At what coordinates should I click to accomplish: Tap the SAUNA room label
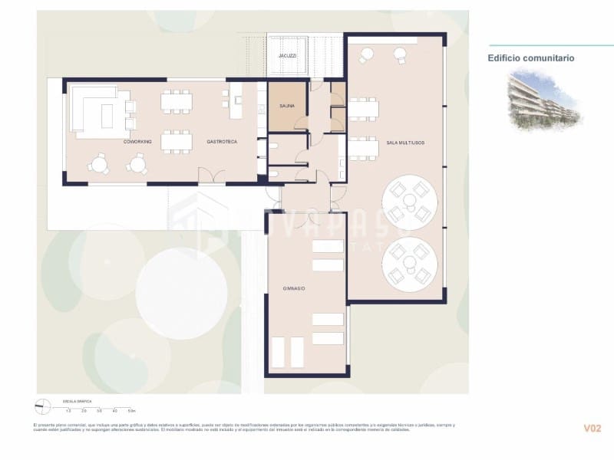[x=287, y=117]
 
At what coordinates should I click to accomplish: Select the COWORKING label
[x=137, y=142]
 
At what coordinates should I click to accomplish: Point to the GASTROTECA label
[x=222, y=142]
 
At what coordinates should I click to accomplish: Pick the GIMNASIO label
[x=294, y=287]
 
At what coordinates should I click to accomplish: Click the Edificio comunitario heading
[x=531, y=58]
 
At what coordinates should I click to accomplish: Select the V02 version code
[x=591, y=429]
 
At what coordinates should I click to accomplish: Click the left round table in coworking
[x=98, y=163]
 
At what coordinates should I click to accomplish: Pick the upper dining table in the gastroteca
[x=177, y=101]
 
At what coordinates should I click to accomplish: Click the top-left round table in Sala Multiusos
[x=366, y=54]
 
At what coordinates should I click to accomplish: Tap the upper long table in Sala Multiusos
[x=364, y=109]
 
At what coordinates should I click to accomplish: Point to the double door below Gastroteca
[x=207, y=178]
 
